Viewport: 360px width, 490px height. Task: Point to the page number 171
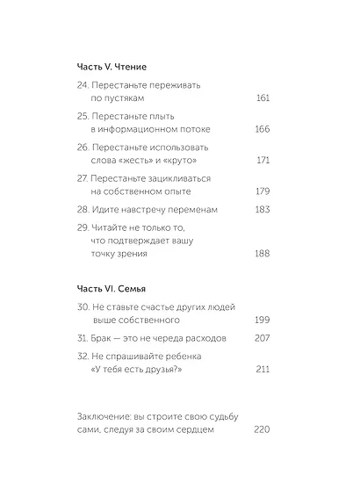[261, 162]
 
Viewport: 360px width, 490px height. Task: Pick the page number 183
[260, 211]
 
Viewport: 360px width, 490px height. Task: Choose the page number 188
[260, 253]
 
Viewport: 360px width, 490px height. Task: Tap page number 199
[260, 321]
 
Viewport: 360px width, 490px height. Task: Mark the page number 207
[260, 339]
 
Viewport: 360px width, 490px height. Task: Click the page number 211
[261, 370]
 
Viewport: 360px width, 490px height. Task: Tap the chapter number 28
[83, 211]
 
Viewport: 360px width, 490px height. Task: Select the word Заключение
[109, 414]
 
